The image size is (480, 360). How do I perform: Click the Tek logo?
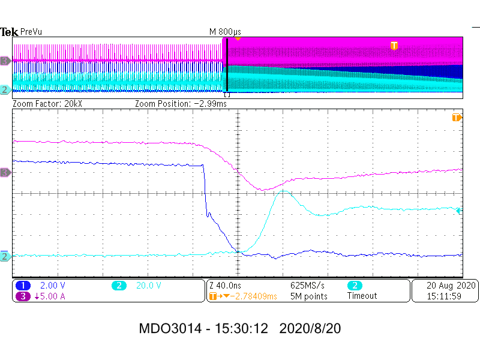[9, 31]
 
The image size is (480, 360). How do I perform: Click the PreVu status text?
[31, 31]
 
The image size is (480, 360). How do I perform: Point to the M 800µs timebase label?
[225, 31]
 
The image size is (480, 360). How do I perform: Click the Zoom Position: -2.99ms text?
[181, 103]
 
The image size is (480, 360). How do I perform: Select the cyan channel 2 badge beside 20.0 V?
[119, 286]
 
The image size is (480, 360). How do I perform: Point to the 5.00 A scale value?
[55, 296]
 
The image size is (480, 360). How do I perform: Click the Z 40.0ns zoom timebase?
[229, 286]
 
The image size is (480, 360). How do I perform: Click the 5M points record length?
[305, 296]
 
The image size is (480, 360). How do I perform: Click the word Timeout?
[362, 296]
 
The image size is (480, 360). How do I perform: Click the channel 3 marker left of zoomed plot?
[5, 172]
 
